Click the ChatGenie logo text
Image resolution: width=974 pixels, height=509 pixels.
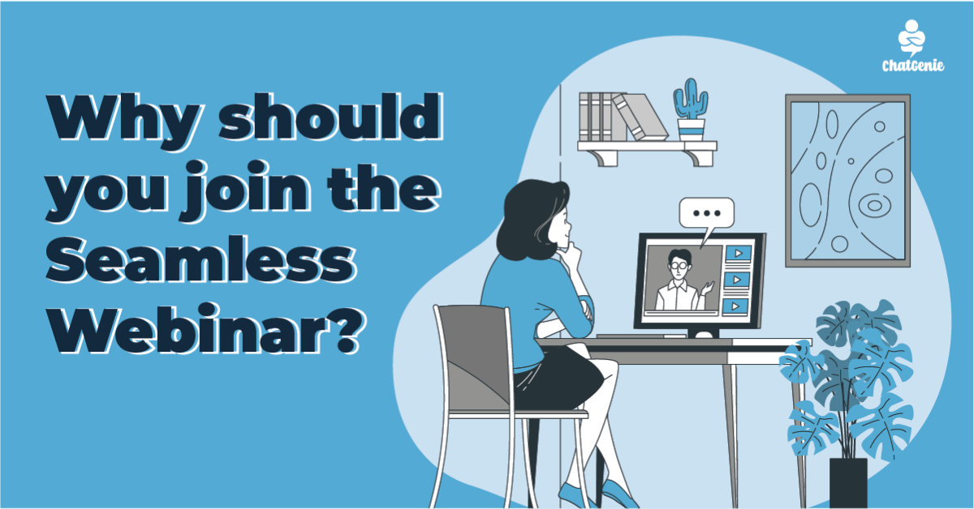[912, 65]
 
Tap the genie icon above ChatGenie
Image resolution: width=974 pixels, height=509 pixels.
[912, 37]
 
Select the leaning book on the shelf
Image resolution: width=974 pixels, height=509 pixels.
[640, 118]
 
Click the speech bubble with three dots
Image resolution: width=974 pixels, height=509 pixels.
[707, 214]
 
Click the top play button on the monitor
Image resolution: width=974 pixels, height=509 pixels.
[738, 253]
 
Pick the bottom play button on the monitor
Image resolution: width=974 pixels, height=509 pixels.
[735, 306]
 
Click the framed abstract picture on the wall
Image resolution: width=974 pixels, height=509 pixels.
[847, 181]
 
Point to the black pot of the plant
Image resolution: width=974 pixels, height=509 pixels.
[848, 483]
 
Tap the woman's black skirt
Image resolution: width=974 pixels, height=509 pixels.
[557, 378]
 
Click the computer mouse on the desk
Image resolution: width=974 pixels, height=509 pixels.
[704, 335]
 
